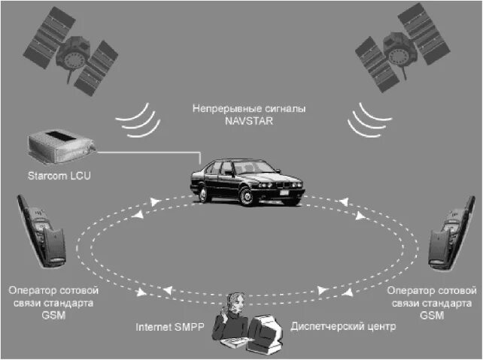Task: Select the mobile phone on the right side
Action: coord(444,234)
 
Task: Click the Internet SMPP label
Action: coord(170,328)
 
